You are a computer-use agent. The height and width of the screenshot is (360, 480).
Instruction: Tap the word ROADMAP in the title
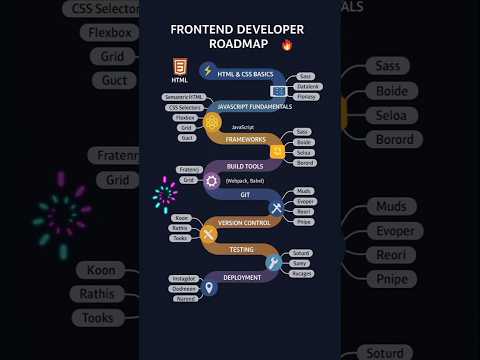click(239, 45)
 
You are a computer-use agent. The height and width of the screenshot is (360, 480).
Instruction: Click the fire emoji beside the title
click(288, 45)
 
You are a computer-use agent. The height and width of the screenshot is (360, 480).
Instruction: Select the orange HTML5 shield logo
click(179, 67)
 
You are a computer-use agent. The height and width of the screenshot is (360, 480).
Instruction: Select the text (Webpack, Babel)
click(245, 180)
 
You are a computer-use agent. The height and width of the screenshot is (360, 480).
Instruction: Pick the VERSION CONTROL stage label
click(243, 222)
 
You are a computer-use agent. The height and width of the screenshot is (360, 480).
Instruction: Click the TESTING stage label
click(241, 249)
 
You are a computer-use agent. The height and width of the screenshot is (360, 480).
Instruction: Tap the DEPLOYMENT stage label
click(243, 277)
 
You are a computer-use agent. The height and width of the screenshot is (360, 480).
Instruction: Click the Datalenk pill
click(309, 86)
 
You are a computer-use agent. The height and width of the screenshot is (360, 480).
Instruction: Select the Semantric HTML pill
click(182, 97)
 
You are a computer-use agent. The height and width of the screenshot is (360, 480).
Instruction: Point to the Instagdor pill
click(184, 279)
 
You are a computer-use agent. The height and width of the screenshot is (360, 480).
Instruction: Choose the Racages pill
click(301, 273)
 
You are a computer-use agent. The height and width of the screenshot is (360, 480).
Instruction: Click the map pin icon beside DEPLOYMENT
click(209, 288)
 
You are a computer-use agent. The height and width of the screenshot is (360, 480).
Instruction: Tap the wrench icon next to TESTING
click(272, 262)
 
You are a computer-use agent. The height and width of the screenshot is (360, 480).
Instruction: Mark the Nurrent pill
click(185, 298)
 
